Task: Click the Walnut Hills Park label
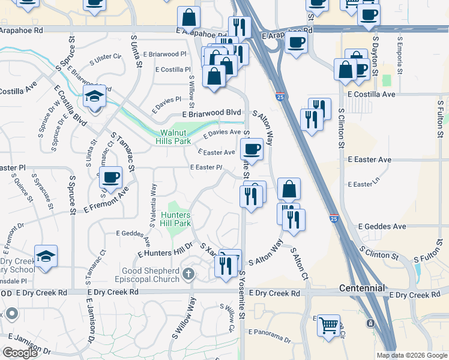[x=175, y=137]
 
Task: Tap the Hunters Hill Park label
[x=176, y=219]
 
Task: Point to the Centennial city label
[x=361, y=288]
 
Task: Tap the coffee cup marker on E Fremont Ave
[x=110, y=178]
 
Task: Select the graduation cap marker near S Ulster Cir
[x=95, y=96]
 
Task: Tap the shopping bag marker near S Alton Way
[x=289, y=189]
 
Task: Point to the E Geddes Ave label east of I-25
[x=382, y=226]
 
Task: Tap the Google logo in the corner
[x=20, y=353]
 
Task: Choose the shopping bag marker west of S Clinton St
[x=345, y=70]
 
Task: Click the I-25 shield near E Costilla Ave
[x=280, y=96]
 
